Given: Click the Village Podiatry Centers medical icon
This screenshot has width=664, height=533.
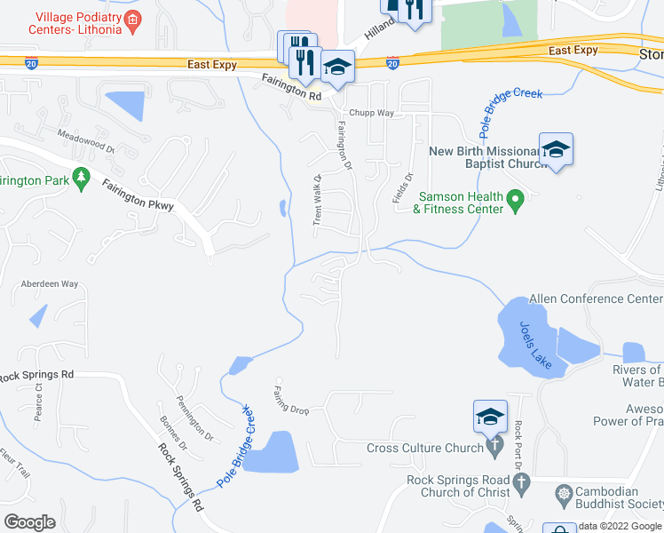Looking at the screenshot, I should click(x=132, y=19).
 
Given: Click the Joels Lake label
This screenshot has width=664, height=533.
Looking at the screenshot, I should click(x=538, y=344).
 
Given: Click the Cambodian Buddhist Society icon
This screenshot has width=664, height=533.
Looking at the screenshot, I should click(x=563, y=492).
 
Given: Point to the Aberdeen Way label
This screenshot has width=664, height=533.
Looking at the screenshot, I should click(x=51, y=283).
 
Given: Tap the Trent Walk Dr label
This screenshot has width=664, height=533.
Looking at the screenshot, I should click(x=316, y=200).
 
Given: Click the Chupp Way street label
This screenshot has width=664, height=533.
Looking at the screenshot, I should click(x=371, y=113).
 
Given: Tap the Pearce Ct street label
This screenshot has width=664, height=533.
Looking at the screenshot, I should click(x=38, y=402).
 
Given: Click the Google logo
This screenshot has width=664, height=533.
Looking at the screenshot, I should click(x=29, y=522).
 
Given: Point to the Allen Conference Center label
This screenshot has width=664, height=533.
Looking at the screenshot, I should click(x=596, y=299).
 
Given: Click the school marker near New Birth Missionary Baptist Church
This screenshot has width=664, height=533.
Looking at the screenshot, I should click(x=556, y=149).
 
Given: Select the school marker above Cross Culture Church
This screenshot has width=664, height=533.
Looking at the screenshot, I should click(x=492, y=416).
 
